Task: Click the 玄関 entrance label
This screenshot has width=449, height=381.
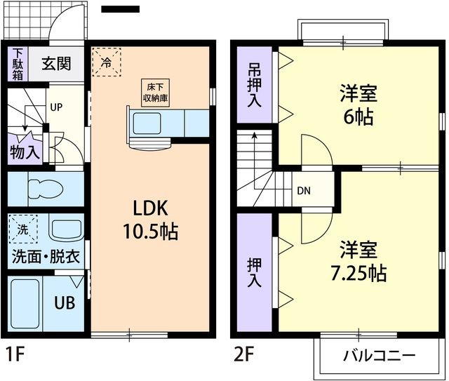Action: click(x=55, y=64)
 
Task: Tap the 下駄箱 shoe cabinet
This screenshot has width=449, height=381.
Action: click(x=18, y=64)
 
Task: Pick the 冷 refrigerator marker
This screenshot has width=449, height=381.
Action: click(x=106, y=61)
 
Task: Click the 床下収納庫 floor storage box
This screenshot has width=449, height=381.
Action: click(x=156, y=92)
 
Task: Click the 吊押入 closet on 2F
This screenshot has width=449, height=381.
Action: click(x=254, y=86)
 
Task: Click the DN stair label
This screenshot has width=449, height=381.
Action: click(x=303, y=191)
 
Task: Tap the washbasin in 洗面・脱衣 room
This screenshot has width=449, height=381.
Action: click(x=65, y=230)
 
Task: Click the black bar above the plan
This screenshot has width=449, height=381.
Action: click(x=121, y=10)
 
